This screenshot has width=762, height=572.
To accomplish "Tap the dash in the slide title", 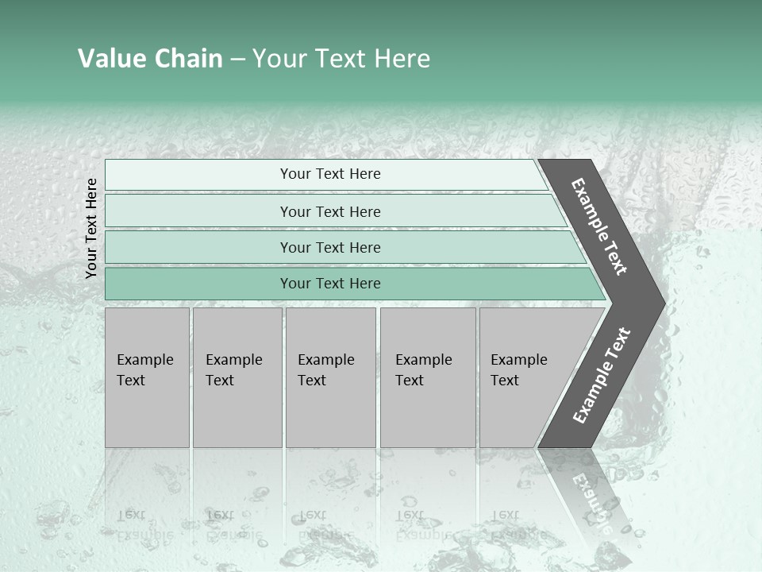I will (237, 60).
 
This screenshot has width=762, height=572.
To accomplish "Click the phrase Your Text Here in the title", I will (341, 59).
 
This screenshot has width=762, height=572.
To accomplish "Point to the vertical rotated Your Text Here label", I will (91, 228).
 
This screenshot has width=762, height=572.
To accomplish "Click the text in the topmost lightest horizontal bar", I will (330, 174).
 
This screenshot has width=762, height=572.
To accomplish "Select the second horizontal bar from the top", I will (330, 211).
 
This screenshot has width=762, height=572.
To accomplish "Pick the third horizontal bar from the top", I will (330, 247).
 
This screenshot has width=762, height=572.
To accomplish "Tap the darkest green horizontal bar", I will (330, 284).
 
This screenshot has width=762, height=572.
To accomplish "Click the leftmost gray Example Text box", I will (147, 377).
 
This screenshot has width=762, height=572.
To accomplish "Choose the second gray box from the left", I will (237, 377).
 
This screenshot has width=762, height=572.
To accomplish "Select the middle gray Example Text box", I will (330, 377).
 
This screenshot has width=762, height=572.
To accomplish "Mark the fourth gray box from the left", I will (428, 377).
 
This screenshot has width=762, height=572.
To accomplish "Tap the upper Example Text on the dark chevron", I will (599, 226).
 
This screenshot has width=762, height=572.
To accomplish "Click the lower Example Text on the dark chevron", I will (601, 376).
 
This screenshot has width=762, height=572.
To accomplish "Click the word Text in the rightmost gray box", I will (505, 381).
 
